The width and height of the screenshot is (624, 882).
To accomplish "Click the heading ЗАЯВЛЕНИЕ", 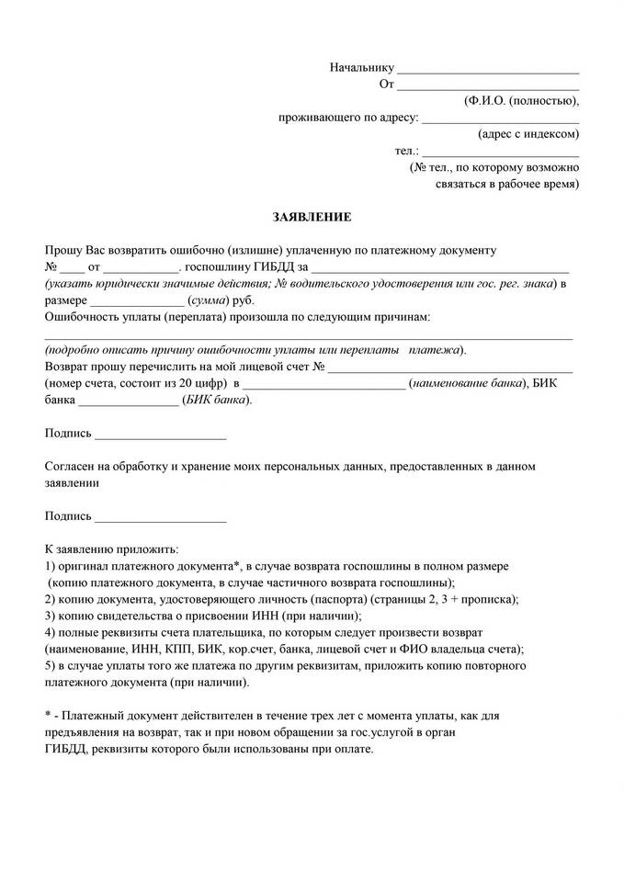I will pos(312,217).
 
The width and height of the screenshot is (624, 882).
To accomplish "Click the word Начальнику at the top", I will pos(361,68).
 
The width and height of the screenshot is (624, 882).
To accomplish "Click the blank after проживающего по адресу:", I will pos(500,120).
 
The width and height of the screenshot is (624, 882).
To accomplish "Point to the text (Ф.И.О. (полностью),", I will pos(521,101).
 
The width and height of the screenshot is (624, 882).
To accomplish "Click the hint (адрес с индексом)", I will pos(528,134).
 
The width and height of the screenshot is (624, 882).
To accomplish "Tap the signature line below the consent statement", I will pos(160,521).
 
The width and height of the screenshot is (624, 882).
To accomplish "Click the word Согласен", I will pos(72,467).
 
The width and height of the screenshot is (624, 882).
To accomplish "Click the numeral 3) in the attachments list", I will pos(51,616).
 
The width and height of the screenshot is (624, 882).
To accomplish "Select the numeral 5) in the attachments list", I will pos(51,666).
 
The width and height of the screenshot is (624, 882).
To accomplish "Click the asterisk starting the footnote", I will pos(48,715).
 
